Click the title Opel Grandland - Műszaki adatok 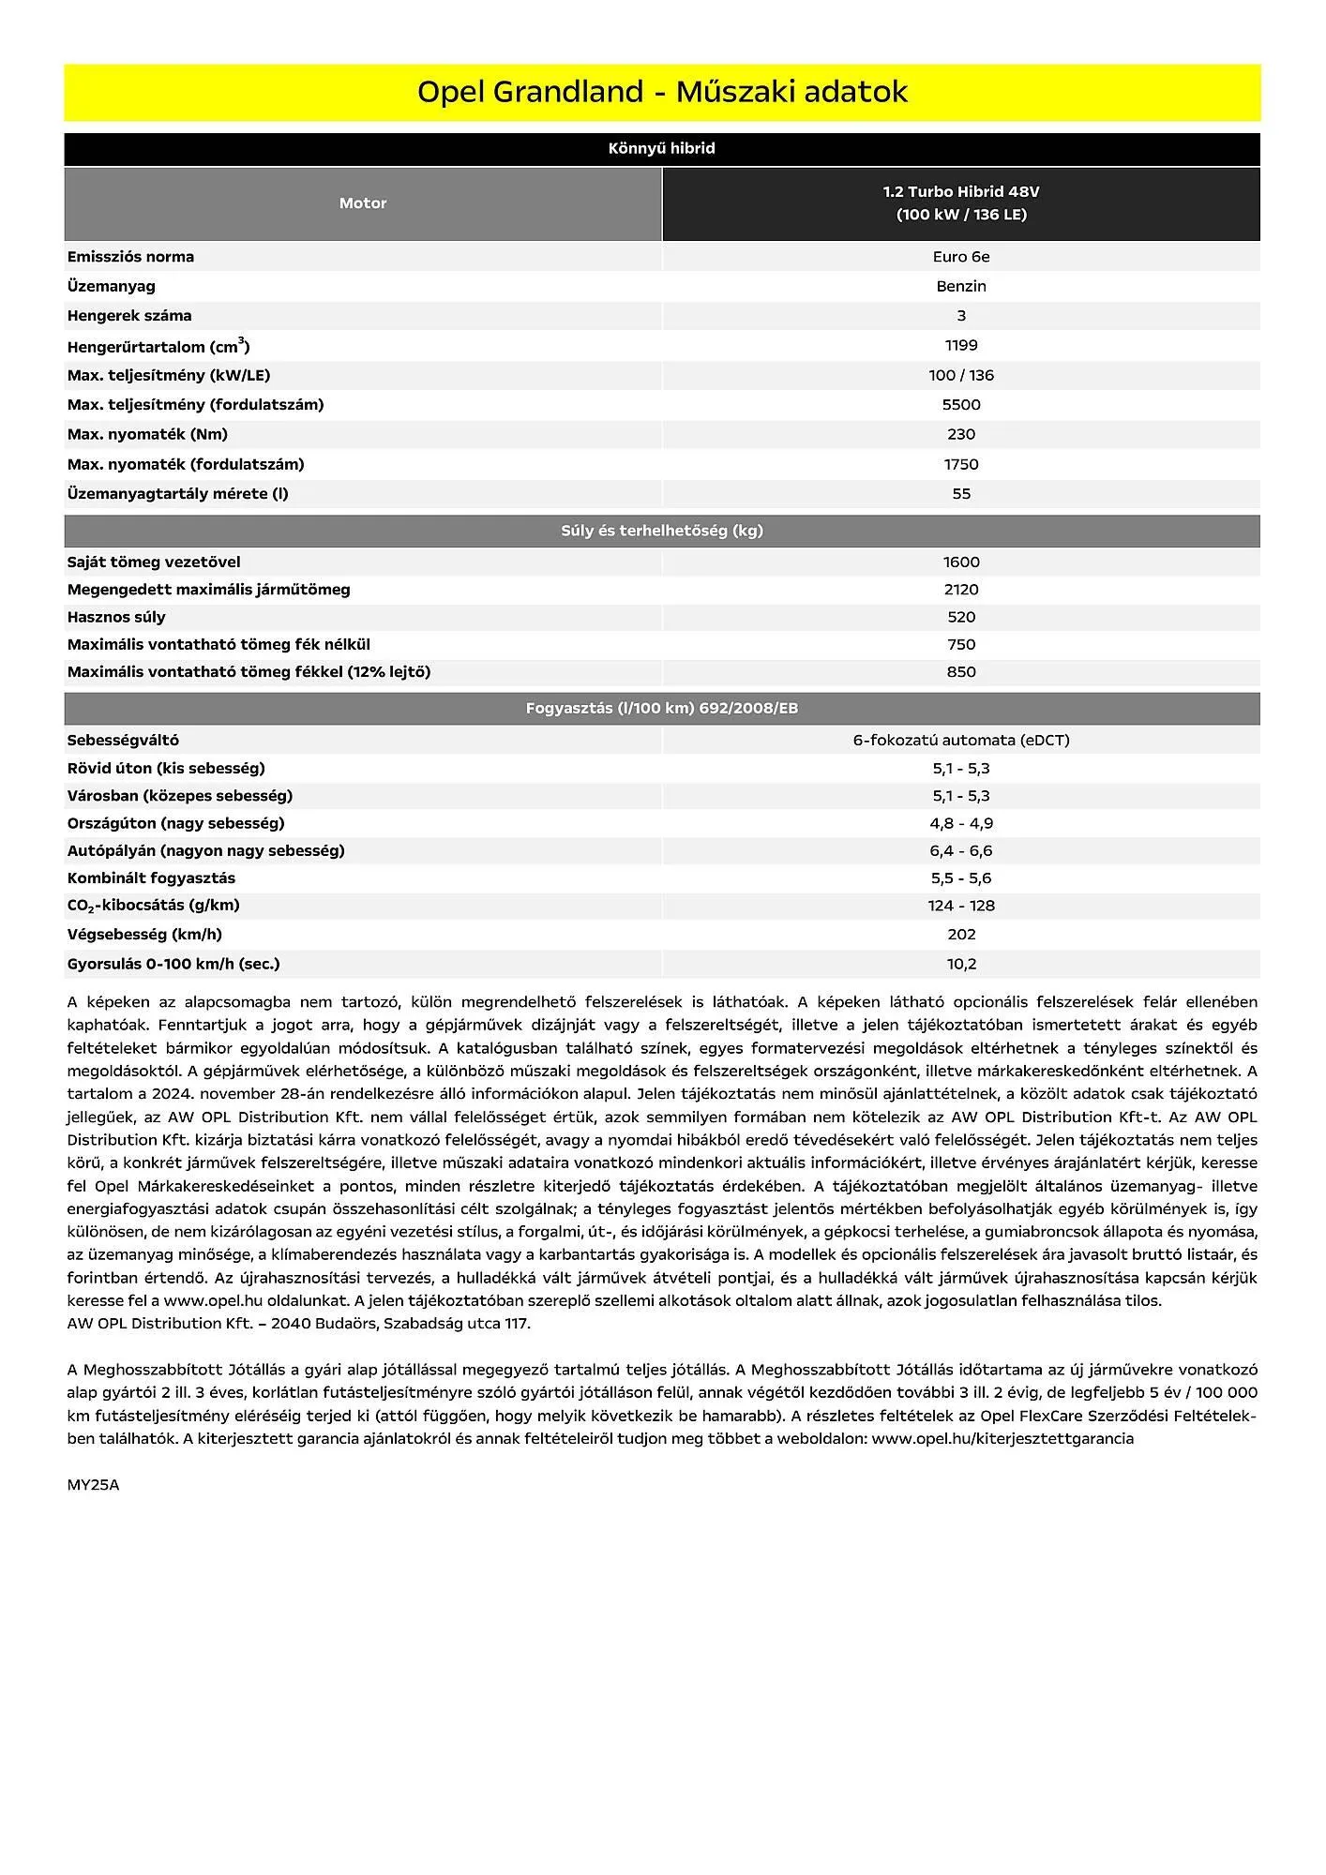pyautogui.click(x=662, y=92)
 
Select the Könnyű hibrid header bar pyautogui.click(x=662, y=148)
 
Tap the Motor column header pyautogui.click(x=363, y=203)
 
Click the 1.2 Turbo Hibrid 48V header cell pyautogui.click(x=961, y=203)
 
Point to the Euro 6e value pyautogui.click(x=961, y=257)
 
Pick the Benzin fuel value pyautogui.click(x=961, y=286)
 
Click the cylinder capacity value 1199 pyautogui.click(x=961, y=345)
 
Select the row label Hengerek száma pyautogui.click(x=129, y=316)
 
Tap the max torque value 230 pyautogui.click(x=961, y=434)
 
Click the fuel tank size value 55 pyautogui.click(x=961, y=494)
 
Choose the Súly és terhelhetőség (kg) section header pyautogui.click(x=662, y=531)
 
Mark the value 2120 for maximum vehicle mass pyautogui.click(x=961, y=590)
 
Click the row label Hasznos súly pyautogui.click(x=116, y=617)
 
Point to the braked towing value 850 pyautogui.click(x=961, y=672)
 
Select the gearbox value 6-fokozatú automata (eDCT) pyautogui.click(x=961, y=740)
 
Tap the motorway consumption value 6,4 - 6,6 pyautogui.click(x=961, y=850)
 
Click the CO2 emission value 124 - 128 pyautogui.click(x=961, y=906)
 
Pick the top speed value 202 pyautogui.click(x=961, y=935)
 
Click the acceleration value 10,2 pyautogui.click(x=961, y=964)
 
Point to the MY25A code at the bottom pyautogui.click(x=93, y=1485)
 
